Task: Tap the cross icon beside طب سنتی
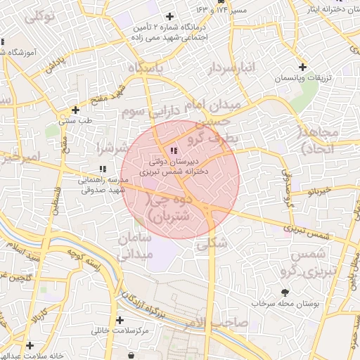tap(76, 110)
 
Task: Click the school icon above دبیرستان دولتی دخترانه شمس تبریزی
tap(174, 150)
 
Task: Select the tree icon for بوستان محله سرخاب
tap(284, 292)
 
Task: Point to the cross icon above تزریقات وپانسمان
tap(302, 67)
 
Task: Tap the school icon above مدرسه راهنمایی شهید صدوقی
tap(103, 169)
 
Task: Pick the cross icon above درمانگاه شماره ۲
tap(169, 16)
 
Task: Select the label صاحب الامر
tap(218, 323)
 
